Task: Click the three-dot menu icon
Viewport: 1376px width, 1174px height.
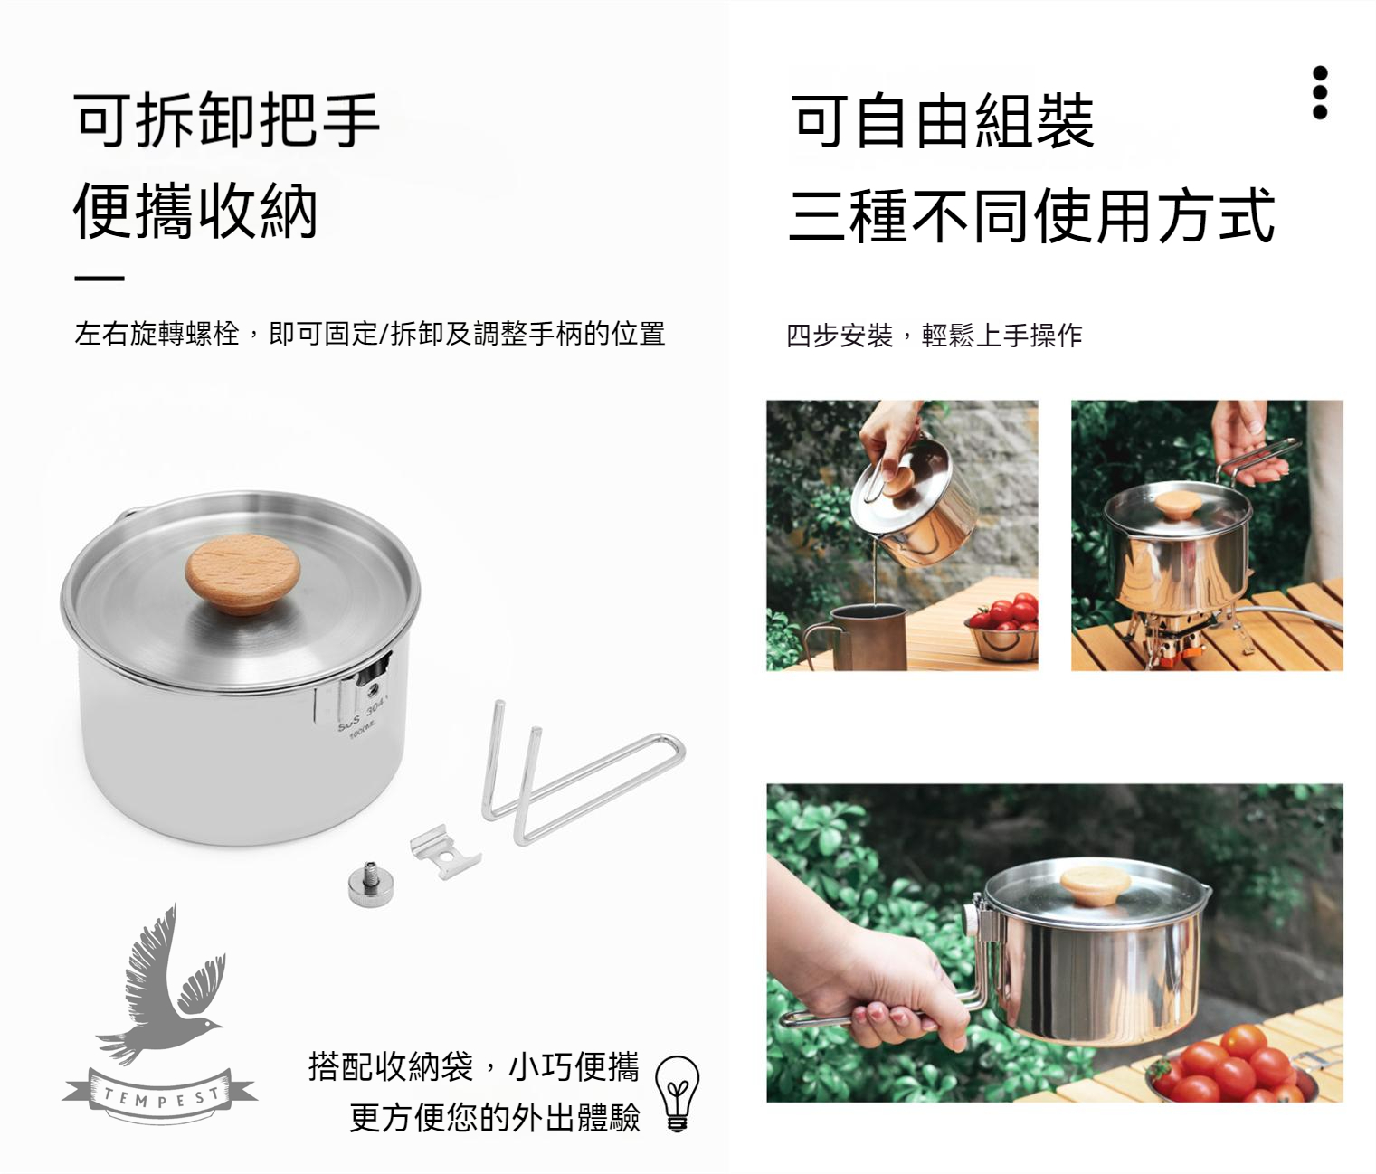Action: [1319, 92]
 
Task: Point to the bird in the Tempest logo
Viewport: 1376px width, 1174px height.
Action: [160, 986]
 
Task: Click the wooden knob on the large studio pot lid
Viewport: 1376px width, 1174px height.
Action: [242, 576]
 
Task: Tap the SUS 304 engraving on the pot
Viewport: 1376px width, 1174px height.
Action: [360, 719]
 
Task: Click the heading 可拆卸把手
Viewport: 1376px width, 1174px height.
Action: [226, 119]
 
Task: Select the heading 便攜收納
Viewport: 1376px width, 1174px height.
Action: [195, 211]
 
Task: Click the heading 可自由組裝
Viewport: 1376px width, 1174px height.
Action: [941, 121]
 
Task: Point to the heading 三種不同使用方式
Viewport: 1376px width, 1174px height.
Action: [1031, 214]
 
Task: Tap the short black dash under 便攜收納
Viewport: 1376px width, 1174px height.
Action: [100, 279]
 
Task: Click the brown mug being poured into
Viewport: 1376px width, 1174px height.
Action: [861, 637]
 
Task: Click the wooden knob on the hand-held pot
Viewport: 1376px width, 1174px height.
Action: [1096, 886]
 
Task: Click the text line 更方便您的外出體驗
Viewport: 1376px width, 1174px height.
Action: [494, 1117]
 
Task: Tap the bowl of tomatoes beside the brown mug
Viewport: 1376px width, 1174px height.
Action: [1001, 628]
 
